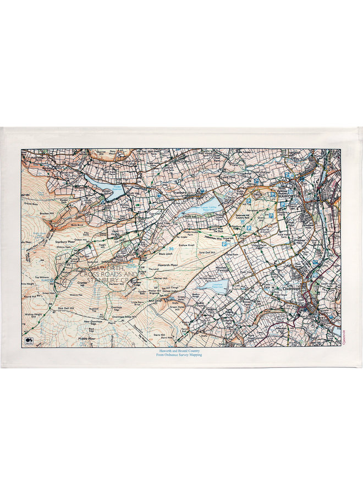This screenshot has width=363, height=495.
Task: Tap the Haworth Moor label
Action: [x=169, y=265]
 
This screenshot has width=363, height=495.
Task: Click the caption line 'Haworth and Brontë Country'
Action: [x=181, y=350]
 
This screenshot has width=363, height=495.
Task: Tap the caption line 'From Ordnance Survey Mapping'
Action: [x=181, y=355]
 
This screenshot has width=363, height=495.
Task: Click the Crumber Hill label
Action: [x=81, y=284]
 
